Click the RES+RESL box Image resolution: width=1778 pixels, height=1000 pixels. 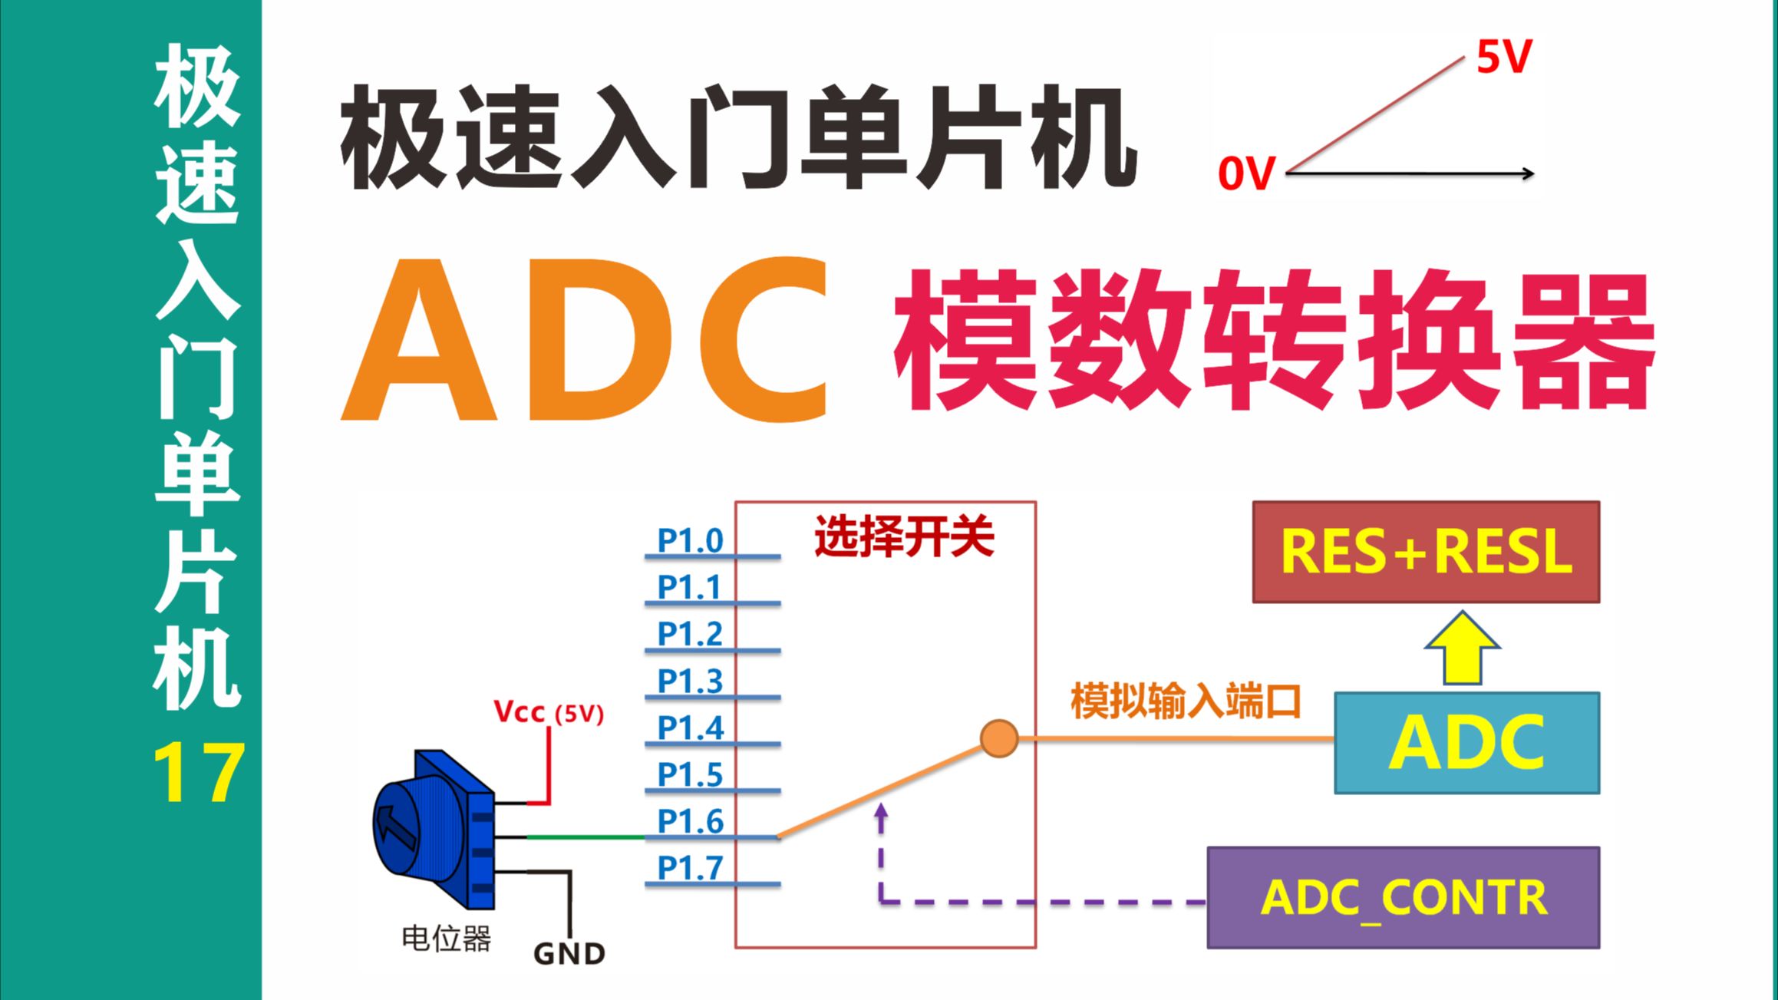coord(1426,552)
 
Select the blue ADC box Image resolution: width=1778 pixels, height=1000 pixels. coord(1466,742)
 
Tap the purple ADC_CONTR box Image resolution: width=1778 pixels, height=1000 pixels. coord(1403,897)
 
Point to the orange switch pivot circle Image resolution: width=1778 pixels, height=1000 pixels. coord(998,738)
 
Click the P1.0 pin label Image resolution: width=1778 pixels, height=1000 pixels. coord(690,540)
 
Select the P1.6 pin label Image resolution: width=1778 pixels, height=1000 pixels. coord(690,821)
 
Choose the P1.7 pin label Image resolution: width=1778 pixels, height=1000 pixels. coord(690,868)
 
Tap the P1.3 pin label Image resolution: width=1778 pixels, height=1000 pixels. coord(690,681)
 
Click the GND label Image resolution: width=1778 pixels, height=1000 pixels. coord(569,954)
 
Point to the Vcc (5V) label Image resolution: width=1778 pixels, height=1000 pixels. coord(548,713)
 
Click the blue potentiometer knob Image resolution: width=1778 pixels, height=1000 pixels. coord(418,825)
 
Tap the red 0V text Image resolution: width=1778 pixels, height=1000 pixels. coord(1246,174)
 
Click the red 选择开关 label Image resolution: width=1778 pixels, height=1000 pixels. coord(904,536)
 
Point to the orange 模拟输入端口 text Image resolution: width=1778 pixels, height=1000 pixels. coord(1186,701)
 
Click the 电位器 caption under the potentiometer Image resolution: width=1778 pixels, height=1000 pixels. coord(446,938)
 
